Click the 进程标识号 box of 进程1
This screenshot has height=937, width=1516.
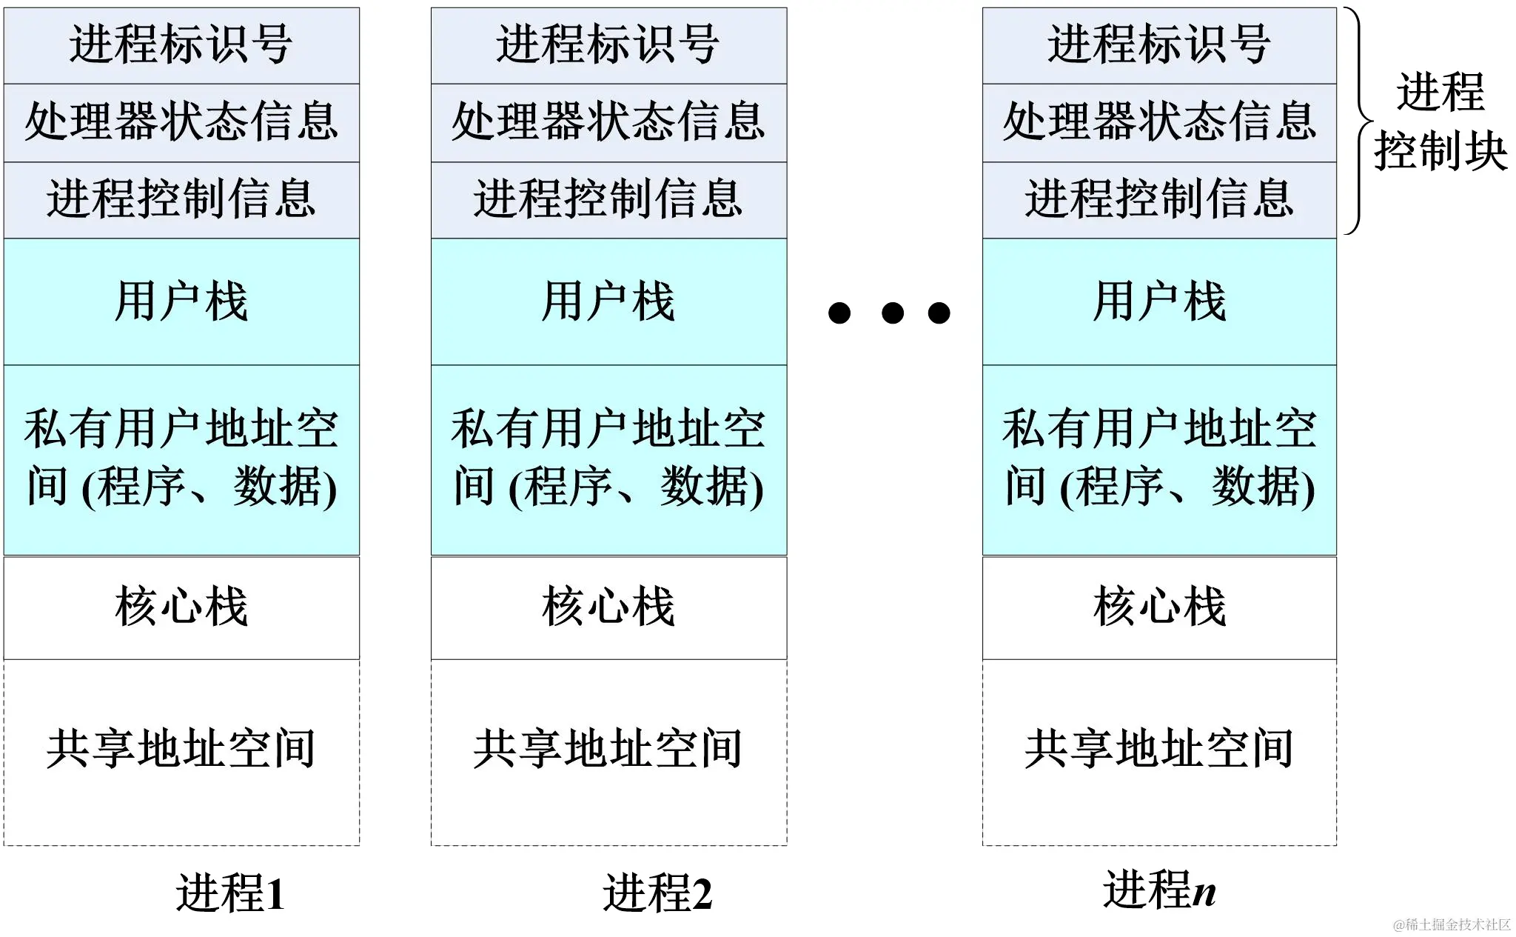pos(181,45)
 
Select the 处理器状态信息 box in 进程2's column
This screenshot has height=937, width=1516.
pos(608,122)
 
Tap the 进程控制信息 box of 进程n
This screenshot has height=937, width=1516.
pos(1159,200)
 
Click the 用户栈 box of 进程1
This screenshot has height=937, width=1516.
pos(181,301)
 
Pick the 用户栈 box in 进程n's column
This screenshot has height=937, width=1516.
pos(1159,301)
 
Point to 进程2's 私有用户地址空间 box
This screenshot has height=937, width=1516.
pos(608,459)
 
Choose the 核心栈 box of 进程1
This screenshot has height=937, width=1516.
pos(181,607)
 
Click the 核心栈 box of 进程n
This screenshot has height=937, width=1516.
pos(1159,607)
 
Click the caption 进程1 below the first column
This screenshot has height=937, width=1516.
pos(229,893)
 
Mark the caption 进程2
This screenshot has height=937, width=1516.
pos(657,893)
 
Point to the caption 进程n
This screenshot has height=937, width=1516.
pos(1159,890)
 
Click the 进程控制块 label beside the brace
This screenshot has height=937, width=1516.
pos(1440,122)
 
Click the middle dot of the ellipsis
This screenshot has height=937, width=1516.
pos(893,313)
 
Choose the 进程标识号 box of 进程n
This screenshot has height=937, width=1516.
pos(1159,45)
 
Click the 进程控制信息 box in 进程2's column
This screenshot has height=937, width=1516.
pos(608,200)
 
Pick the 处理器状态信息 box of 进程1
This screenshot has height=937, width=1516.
pos(181,122)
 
